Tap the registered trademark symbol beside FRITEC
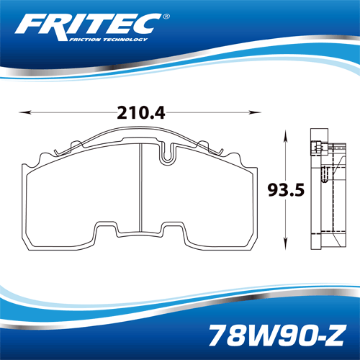tap(166, 17)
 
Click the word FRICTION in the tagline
tap(84, 40)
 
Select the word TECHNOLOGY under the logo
tap(125, 40)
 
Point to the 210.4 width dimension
tap(141, 113)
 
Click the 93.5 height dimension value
tap(286, 190)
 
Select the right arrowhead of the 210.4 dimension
tap(255, 112)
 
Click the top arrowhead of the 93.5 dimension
tap(285, 135)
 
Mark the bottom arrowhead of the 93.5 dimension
tap(285, 243)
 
